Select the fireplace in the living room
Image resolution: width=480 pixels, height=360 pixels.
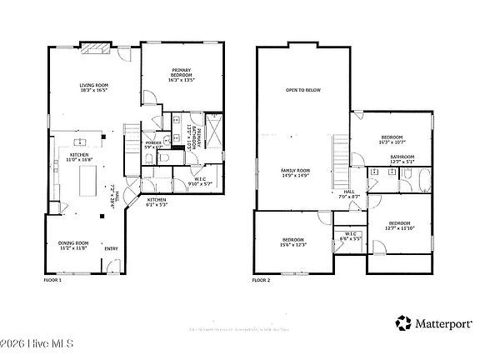[92, 48]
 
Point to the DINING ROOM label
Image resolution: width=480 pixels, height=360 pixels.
[72, 242]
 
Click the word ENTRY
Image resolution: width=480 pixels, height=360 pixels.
[110, 248]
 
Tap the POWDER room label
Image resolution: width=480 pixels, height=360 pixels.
[153, 142]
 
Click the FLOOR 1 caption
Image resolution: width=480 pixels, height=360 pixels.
[53, 280]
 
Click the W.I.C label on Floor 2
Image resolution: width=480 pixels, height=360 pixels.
[351, 233]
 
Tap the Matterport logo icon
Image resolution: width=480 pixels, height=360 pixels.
[404, 322]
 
